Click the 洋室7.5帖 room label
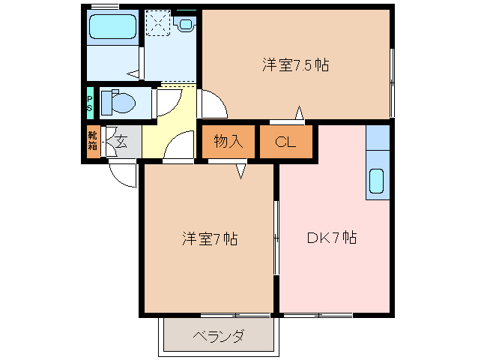click(294, 64)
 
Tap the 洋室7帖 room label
click(210, 239)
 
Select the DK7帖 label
click(331, 238)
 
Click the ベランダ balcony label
click(217, 335)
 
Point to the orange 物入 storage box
click(228, 142)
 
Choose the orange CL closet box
click(285, 142)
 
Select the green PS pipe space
click(90, 102)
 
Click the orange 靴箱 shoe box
click(92, 142)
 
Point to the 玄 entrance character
click(121, 142)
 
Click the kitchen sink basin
click(377, 181)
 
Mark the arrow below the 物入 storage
click(241, 172)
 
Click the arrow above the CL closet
click(299, 113)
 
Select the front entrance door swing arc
click(122, 174)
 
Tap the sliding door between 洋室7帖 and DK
click(276, 238)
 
